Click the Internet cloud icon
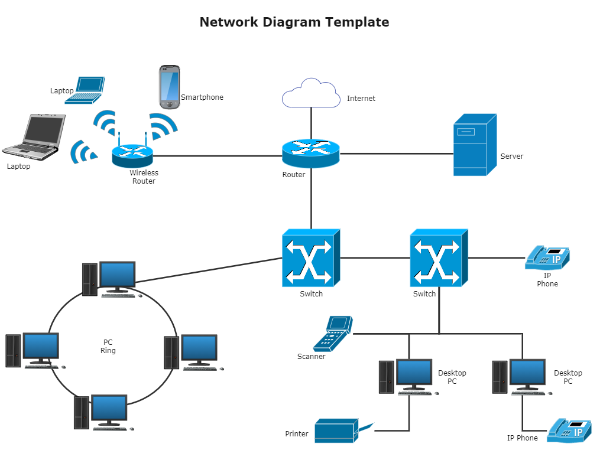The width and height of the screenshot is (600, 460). point(311,93)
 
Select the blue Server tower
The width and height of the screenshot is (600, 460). point(475,145)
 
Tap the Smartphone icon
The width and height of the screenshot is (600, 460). point(170,87)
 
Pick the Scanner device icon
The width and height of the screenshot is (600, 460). point(333,334)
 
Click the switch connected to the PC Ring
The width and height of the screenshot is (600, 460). point(311,258)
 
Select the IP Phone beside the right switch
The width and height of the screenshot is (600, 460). point(547,257)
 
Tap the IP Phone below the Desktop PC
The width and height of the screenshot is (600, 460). point(569,430)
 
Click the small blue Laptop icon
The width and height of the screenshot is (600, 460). point(85,90)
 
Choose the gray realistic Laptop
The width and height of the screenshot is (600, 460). point(34,137)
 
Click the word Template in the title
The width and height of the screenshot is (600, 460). point(357,22)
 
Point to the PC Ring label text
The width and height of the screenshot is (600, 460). point(108,347)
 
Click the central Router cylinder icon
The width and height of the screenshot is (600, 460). point(311,154)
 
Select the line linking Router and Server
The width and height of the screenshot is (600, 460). point(397,154)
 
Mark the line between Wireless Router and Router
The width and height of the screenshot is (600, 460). point(218,156)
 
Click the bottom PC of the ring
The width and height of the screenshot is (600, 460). point(104,413)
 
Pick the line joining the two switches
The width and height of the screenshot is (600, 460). point(375,257)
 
